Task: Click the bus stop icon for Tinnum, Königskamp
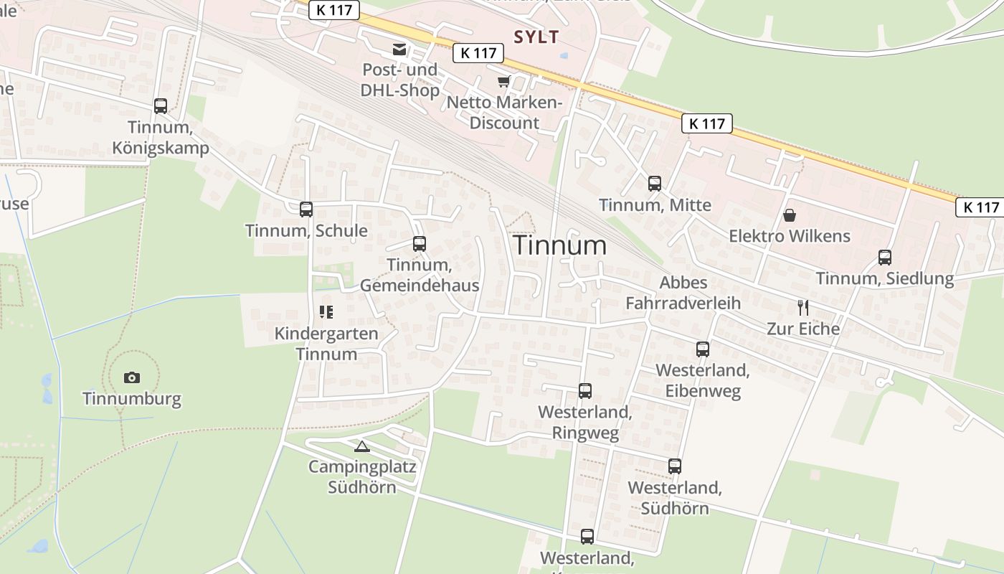[x=161, y=106]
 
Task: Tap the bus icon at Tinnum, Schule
[x=306, y=210]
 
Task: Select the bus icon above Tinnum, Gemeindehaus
[x=420, y=244]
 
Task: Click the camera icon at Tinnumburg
[x=132, y=377]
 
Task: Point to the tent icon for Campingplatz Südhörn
[x=362, y=446]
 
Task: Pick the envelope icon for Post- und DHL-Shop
[x=399, y=50]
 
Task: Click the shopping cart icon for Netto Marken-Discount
[x=503, y=81]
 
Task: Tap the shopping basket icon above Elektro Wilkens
[x=790, y=215]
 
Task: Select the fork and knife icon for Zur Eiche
[x=803, y=308]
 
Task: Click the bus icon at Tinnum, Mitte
[x=655, y=184]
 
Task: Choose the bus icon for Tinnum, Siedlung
[x=885, y=258]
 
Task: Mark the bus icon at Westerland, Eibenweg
[x=703, y=349]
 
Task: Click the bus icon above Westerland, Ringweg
[x=585, y=391]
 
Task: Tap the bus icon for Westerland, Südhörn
[x=675, y=466]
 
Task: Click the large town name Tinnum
[x=560, y=245]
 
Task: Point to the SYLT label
[x=536, y=37]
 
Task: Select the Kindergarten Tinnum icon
[x=326, y=312]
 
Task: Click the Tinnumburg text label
[x=132, y=399]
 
